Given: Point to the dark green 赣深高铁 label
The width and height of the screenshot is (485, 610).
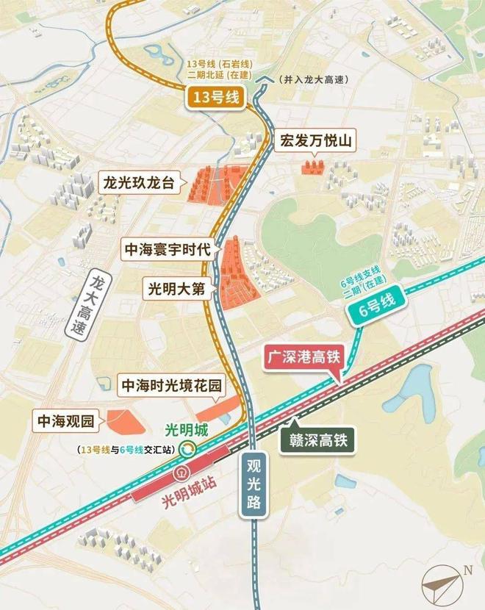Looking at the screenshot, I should point(318,441).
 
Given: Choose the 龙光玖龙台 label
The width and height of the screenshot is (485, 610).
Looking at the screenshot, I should point(139,182).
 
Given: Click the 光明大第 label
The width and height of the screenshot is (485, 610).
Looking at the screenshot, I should point(179,289).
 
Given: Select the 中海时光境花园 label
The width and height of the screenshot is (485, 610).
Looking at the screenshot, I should point(170,384).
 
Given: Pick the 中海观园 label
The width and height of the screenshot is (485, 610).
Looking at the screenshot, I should point(67,422).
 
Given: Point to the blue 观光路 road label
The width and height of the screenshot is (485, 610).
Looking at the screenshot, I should point(254,486).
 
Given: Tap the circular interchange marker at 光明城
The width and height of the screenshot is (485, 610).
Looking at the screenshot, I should point(189,448).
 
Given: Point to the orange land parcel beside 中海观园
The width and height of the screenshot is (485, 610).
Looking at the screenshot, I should point(121,421).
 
